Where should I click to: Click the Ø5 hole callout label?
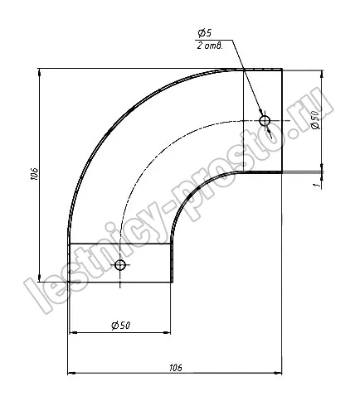205,33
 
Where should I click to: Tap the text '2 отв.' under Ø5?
210,46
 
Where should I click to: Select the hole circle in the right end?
265,121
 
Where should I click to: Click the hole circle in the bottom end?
120,265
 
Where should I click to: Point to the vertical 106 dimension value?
34,174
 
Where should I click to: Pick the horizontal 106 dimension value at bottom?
176,368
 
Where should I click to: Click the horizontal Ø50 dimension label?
120,326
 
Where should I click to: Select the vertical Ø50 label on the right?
315,119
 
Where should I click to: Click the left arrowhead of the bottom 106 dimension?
71,374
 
